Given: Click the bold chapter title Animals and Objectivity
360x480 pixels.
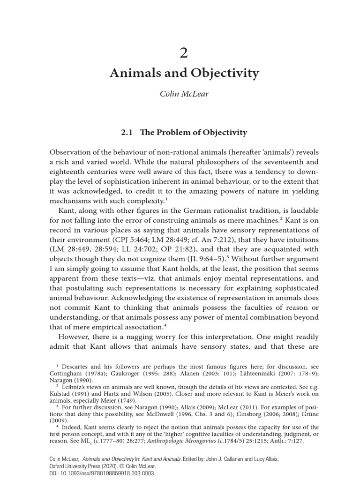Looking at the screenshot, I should pyautogui.click(x=184, y=73).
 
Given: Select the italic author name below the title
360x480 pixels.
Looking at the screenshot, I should pyautogui.click(x=184, y=94).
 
